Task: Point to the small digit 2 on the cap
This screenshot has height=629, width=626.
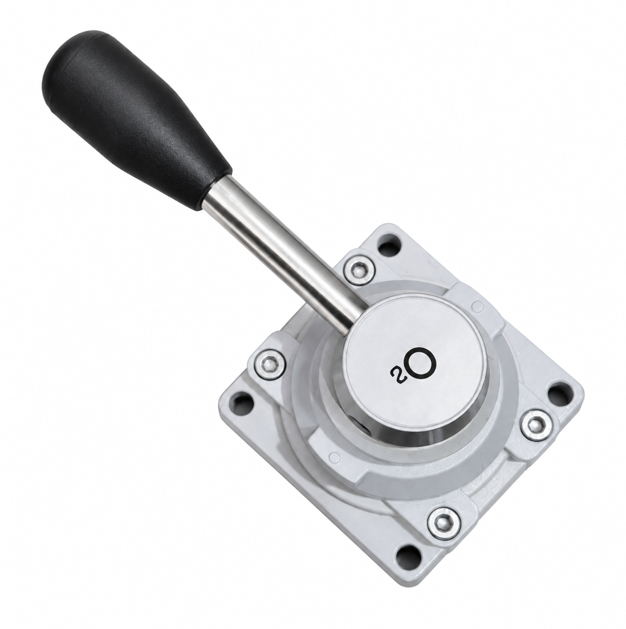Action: (395, 374)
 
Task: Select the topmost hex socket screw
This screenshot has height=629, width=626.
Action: (359, 270)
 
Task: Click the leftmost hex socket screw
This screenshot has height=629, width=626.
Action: (269, 364)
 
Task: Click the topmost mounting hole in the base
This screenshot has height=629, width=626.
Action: (389, 245)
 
